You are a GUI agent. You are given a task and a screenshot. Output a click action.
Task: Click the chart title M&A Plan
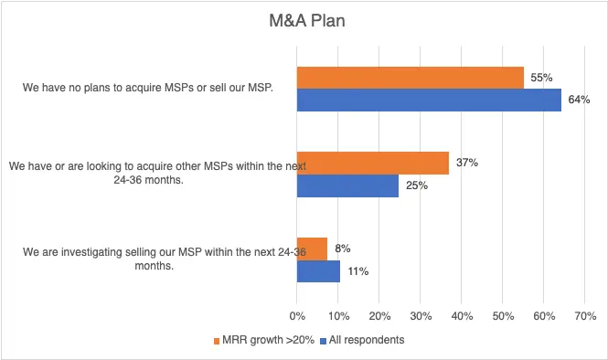tap(307, 20)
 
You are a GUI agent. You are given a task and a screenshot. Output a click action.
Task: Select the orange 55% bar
tap(411, 78)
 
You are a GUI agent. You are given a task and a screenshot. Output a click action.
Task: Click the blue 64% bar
tap(429, 100)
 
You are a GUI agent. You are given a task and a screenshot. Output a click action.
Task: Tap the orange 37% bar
tap(373, 164)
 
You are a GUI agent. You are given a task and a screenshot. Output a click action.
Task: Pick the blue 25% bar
tap(347, 185)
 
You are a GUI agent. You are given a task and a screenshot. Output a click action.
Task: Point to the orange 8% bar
tap(312, 249)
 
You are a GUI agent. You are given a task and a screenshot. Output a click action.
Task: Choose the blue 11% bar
tap(318, 271)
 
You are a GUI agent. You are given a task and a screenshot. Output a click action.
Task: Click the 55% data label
tap(541, 78)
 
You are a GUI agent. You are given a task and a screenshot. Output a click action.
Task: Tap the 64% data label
tap(579, 100)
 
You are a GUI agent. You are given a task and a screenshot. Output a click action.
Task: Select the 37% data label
tap(467, 163)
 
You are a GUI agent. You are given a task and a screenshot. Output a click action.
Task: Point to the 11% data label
tap(357, 271)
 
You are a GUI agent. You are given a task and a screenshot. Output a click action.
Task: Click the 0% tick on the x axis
tap(297, 316)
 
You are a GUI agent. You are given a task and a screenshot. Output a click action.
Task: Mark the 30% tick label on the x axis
tap(421, 316)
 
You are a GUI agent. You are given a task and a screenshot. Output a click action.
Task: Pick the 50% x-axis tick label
tap(503, 316)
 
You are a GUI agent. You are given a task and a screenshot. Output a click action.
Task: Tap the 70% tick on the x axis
tap(585, 316)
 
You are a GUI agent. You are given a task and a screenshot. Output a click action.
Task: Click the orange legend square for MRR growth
tap(217, 341)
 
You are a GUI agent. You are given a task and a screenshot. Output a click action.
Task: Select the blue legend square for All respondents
tap(323, 341)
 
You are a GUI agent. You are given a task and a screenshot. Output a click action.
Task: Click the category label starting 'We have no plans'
tap(148, 88)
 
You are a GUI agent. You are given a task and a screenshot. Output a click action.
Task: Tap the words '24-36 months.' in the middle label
tap(148, 180)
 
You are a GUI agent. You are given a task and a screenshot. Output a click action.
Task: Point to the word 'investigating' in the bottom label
tap(91, 252)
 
